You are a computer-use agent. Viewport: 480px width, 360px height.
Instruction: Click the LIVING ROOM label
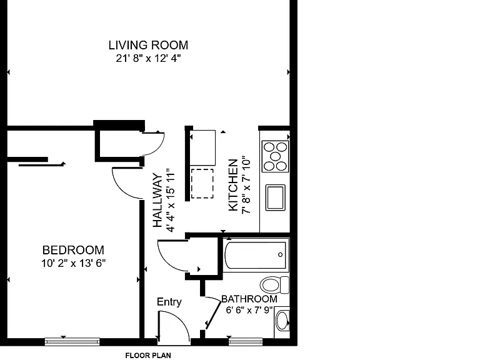tap(148, 45)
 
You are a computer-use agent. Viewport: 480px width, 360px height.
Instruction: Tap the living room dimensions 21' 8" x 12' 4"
tap(148, 58)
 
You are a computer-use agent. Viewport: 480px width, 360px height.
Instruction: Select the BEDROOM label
tap(73, 250)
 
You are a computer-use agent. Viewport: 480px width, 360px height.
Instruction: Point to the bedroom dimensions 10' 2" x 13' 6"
tap(73, 263)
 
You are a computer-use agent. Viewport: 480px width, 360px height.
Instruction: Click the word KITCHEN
tap(233, 185)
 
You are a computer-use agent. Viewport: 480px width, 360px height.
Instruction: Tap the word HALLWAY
tap(157, 200)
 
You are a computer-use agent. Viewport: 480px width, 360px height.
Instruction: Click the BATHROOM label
tap(249, 299)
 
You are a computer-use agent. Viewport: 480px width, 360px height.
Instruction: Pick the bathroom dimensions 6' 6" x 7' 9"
tap(249, 310)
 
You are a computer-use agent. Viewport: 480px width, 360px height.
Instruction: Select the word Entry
tap(169, 302)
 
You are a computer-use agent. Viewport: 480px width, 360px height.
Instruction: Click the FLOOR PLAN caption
tap(148, 356)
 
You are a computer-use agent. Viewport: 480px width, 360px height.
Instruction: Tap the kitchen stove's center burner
tap(275, 156)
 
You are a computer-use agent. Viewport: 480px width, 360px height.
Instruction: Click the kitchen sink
tap(275, 197)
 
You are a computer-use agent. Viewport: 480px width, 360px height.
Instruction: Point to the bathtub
tap(256, 255)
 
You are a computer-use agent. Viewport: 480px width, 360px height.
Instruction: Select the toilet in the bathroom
tap(274, 285)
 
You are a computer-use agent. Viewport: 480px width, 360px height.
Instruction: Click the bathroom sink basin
tap(282, 321)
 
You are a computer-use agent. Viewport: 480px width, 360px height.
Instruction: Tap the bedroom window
tap(72, 342)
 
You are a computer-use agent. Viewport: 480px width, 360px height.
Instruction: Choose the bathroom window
tap(246, 342)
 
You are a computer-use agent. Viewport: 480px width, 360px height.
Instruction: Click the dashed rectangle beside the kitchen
tap(202, 184)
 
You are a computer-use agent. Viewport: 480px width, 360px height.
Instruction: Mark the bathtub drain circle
tap(280, 255)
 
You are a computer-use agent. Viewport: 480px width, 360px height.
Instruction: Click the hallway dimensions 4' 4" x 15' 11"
tap(170, 200)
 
